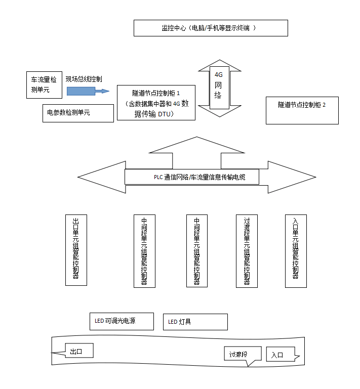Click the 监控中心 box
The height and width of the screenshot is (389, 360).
pyautogui.click(x=211, y=28)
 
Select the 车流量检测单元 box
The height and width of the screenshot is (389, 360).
pyautogui.click(x=44, y=84)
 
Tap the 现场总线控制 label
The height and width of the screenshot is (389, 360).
pyautogui.click(x=84, y=79)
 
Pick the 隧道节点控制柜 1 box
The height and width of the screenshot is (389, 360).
pyautogui.click(x=156, y=102)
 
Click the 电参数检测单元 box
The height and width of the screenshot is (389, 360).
pyautogui.click(x=78, y=113)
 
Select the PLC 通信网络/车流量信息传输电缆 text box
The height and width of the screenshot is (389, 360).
pyautogui.click(x=192, y=177)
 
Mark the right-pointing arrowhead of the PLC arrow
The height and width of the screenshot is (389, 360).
pyautogui.click(x=289, y=177)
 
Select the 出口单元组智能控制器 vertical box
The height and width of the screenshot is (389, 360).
pyautogui.click(x=76, y=249)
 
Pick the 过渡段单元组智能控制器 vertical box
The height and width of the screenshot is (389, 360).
pyautogui.click(x=247, y=251)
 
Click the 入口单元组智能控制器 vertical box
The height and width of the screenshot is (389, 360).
pyautogui.click(x=296, y=251)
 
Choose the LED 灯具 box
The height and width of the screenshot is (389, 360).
pyautogui.click(x=195, y=322)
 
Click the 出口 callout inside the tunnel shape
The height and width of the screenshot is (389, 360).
pyautogui.click(x=79, y=351)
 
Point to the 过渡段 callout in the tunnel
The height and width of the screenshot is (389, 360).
pyautogui.click(x=243, y=354)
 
